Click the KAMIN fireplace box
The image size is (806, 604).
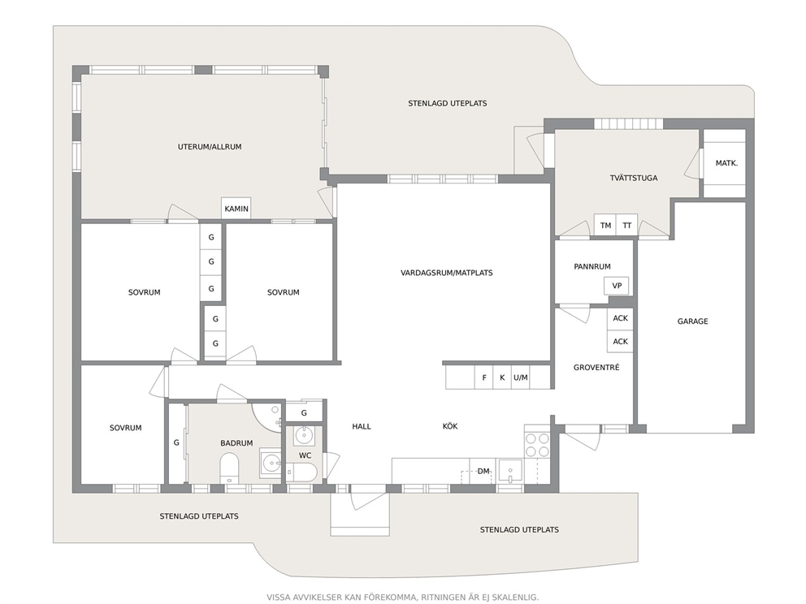pyautogui.click(x=236, y=209)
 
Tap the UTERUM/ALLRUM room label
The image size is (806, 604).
pyautogui.click(x=210, y=147)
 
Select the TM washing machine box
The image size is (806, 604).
pyautogui.click(x=605, y=225)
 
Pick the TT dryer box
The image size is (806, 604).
pyautogui.click(x=627, y=225)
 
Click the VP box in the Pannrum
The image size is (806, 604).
pyautogui.click(x=617, y=286)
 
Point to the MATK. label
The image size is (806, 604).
pyautogui.click(x=726, y=163)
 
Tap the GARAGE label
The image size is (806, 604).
pyautogui.click(x=692, y=321)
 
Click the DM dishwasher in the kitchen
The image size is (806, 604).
pyautogui.click(x=483, y=471)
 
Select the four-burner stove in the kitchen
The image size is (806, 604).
pyautogui.click(x=537, y=445)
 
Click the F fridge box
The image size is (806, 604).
pyautogui.click(x=483, y=377)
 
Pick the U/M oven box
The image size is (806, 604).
pyautogui.click(x=521, y=377)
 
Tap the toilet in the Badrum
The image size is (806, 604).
pyautogui.click(x=229, y=468)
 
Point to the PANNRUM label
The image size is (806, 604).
pyautogui.click(x=592, y=266)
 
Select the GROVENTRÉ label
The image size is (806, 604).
pyautogui.click(x=596, y=367)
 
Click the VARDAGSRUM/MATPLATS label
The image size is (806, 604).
pyautogui.click(x=447, y=273)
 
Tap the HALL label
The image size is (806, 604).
pyautogui.click(x=362, y=426)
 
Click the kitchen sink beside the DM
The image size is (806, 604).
pyautogui.click(x=510, y=471)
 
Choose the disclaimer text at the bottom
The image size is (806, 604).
pyautogui.click(x=402, y=598)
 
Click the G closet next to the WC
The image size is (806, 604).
pyautogui.click(x=304, y=412)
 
